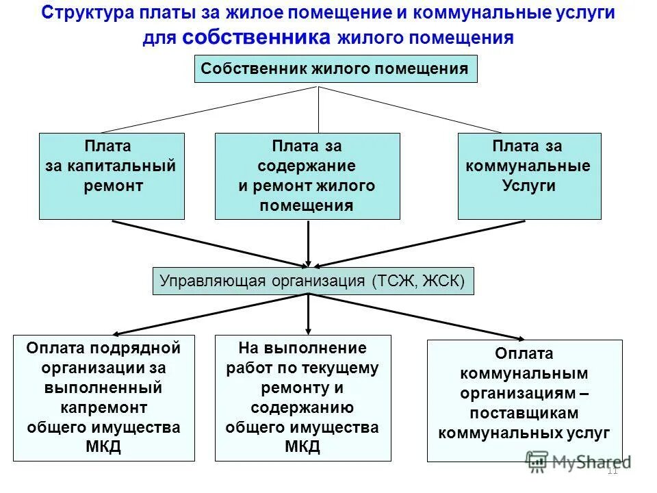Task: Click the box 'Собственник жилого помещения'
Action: coord(335,69)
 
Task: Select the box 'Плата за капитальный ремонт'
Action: coord(112,176)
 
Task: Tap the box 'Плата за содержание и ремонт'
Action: coord(307,176)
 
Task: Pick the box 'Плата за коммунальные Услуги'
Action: coord(529,176)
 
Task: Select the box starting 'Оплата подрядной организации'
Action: coord(104,398)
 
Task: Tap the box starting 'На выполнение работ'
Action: coord(302,398)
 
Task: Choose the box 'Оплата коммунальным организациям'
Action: coord(524,401)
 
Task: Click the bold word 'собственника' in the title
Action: coord(257,38)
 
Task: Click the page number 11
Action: coord(613,470)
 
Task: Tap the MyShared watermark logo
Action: coord(578,462)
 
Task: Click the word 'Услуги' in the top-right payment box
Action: coord(529,186)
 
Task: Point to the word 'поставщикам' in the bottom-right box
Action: coord(524,414)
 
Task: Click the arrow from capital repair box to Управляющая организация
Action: coord(205,243)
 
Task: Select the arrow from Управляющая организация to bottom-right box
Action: coord(417,317)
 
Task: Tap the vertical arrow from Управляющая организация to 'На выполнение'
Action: coord(309,314)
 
